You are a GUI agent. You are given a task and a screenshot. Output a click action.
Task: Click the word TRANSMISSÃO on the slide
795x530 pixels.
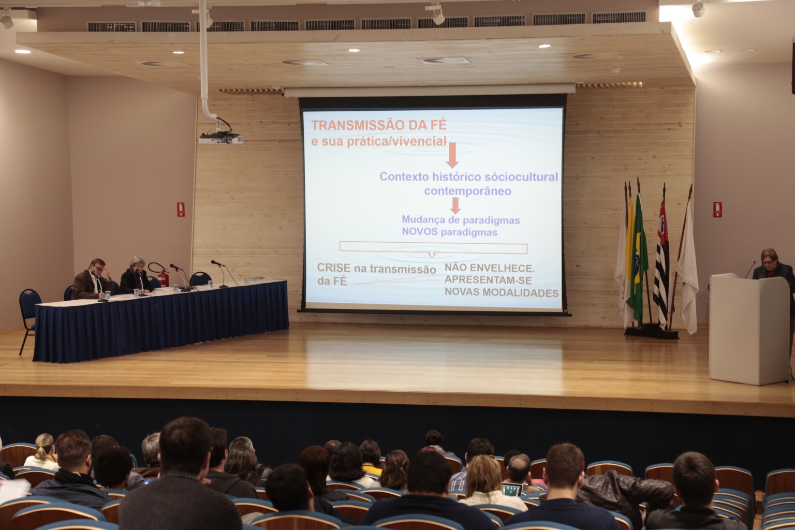[x=359, y=125]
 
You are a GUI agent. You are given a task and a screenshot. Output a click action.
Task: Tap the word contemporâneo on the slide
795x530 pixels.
[x=468, y=192]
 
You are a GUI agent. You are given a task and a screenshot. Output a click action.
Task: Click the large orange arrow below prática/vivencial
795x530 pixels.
[x=452, y=155]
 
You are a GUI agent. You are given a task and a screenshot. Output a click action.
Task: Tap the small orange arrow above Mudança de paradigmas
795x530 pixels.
[x=455, y=205]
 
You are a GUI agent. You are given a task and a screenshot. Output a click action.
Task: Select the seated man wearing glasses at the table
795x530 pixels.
[x=92, y=279]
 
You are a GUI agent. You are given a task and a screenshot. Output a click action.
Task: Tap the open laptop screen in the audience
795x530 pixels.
[x=512, y=490]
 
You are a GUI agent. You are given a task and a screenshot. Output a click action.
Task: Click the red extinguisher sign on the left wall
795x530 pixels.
[x=181, y=210]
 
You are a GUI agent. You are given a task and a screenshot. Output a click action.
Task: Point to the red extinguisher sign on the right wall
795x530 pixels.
[x=717, y=210]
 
